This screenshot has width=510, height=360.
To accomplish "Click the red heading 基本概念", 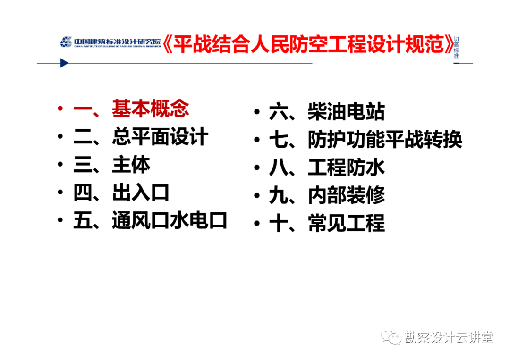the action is click(150, 109).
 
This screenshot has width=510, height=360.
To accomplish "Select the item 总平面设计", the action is click(160, 136).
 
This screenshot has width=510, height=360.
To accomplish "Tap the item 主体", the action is click(131, 164).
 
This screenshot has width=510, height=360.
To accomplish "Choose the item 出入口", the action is click(141, 193).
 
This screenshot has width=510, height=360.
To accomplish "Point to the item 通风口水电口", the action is click(170, 220).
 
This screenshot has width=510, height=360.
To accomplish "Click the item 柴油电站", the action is click(347, 111).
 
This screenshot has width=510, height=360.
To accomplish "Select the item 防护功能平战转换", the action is click(385, 139).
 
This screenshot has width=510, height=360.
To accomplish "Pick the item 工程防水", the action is click(347, 167).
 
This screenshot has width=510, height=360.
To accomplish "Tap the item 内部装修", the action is click(347, 195).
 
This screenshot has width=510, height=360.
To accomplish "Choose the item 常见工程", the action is click(347, 223).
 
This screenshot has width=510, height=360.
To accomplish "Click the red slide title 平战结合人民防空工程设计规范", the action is click(308, 44).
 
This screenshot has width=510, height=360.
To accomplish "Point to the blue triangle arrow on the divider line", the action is click(64, 63).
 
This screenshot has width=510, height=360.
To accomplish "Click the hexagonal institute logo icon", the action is click(66, 42).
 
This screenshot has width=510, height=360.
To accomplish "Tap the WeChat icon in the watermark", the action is click(391, 337).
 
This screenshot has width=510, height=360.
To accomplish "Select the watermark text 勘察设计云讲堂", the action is click(449, 337).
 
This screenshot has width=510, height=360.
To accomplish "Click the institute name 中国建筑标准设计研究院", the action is click(118, 41).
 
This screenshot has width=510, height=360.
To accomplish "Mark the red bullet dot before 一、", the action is click(60, 108).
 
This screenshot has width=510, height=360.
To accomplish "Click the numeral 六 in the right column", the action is click(279, 111).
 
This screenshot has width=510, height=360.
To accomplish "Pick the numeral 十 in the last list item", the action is click(279, 224).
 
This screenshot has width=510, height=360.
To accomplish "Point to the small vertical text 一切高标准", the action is click(456, 45).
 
